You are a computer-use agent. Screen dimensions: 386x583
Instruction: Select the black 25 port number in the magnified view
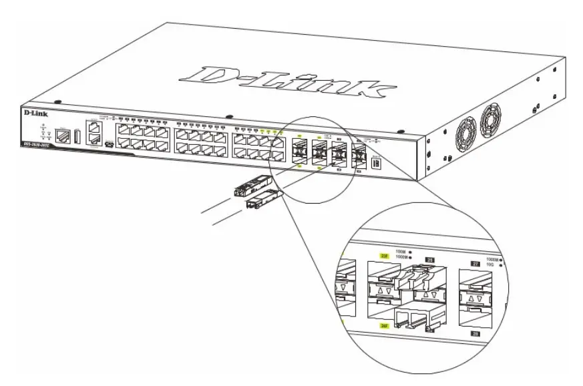click(430, 258)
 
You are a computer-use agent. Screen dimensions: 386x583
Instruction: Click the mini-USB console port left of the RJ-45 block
click(109, 143)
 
